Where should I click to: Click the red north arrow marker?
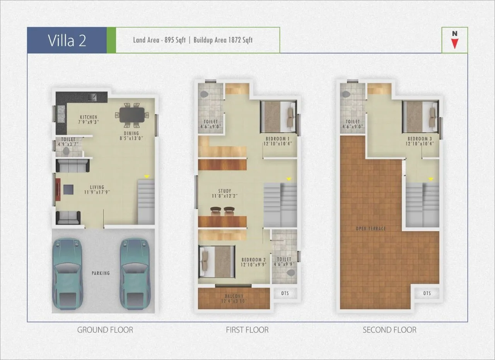tap(455, 43)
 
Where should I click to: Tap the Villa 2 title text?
tap(67, 40)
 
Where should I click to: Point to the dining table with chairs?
tap(132, 115)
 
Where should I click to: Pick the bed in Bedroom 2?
tap(217, 262)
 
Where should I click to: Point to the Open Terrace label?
tap(371, 229)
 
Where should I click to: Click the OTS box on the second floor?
tap(427, 293)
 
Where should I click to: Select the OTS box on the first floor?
tap(285, 293)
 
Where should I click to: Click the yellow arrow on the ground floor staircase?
tap(146, 176)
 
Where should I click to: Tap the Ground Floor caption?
tap(105, 330)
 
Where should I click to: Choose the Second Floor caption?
tap(389, 330)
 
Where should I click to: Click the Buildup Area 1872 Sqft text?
tap(223, 40)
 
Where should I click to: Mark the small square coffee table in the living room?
tap(68, 189)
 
